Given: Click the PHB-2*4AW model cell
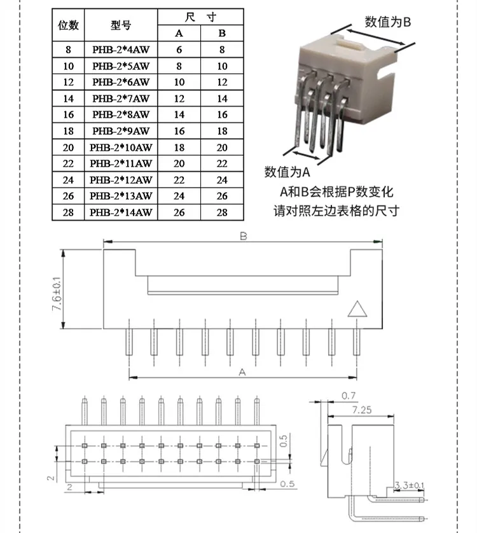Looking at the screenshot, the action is [120, 49].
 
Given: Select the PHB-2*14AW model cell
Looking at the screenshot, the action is [120, 212].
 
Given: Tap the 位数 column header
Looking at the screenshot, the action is [68, 25].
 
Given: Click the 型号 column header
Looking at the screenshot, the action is [120, 25].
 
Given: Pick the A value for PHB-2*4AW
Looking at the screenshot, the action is [179, 49].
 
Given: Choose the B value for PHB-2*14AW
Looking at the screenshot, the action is [222, 212].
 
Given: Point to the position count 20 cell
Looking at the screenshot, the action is [68, 147].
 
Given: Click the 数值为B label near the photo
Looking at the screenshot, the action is [388, 22].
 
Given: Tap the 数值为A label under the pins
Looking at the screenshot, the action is [287, 172].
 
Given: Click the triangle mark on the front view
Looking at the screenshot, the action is [357, 308].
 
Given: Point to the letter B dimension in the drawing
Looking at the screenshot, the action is [243, 236].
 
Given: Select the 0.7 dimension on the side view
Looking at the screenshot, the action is [349, 396].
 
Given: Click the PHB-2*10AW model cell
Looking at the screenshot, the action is [120, 147].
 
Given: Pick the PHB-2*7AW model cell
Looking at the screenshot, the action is [120, 98].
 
